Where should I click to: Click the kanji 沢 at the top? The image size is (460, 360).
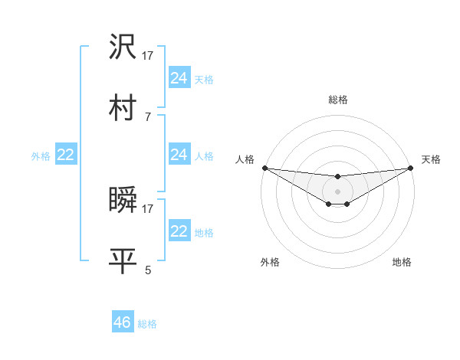pyautogui.click(x=123, y=48)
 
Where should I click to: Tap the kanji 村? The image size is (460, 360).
pyautogui.click(x=123, y=107)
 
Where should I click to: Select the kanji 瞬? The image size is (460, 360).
pyautogui.click(x=123, y=200)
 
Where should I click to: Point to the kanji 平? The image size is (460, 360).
pyautogui.click(x=123, y=260)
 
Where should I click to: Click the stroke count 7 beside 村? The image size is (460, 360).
pyautogui.click(x=148, y=116)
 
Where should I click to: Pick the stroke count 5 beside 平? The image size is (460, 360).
pyautogui.click(x=148, y=270)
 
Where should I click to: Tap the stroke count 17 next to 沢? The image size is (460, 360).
pyautogui.click(x=148, y=56)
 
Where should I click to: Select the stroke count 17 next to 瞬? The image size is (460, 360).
pyautogui.click(x=148, y=208)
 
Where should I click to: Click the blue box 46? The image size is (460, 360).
pyautogui.click(x=123, y=322)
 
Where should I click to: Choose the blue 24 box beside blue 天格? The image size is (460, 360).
pyautogui.click(x=179, y=78)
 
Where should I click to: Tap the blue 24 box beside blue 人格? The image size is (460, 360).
pyautogui.click(x=179, y=155)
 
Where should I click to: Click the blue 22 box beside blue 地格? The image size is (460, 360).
pyautogui.click(x=179, y=231)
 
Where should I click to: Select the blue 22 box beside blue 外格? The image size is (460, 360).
pyautogui.click(x=66, y=155)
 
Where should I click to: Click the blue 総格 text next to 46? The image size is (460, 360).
pyautogui.click(x=147, y=324)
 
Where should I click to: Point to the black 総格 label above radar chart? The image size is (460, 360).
pyautogui.click(x=337, y=100)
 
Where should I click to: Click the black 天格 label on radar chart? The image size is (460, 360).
pyautogui.click(x=432, y=159)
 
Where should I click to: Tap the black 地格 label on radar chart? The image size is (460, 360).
pyautogui.click(x=402, y=262)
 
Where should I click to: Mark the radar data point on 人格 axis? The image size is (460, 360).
pyautogui.click(x=264, y=168)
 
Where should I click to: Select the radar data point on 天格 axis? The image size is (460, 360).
pyautogui.click(x=411, y=168)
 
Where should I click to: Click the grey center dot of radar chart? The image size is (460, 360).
pyautogui.click(x=337, y=191)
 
